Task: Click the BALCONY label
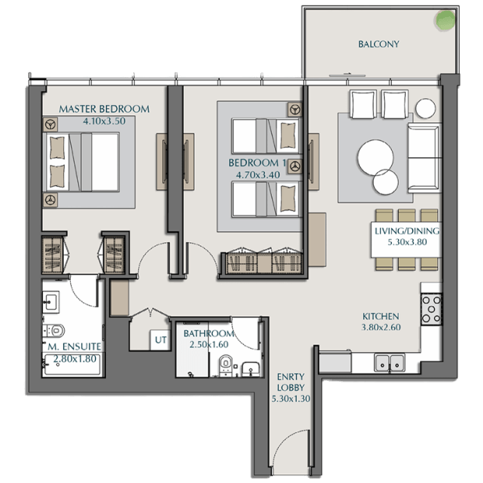point(379,44)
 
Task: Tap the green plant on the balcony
point(445,20)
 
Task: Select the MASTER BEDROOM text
point(104,109)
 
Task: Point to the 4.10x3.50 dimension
point(104,121)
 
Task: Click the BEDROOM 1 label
point(257,163)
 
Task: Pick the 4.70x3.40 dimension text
point(258,175)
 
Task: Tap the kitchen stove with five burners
point(432,309)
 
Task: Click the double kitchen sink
point(390,362)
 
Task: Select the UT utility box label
point(160,340)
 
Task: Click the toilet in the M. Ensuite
point(55,330)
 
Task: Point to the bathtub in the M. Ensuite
point(72,365)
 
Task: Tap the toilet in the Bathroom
point(226,365)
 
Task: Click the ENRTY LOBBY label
point(291,382)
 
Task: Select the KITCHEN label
point(381,316)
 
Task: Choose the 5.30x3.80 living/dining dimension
point(407,242)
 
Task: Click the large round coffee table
point(375,157)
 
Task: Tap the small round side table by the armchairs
point(425,108)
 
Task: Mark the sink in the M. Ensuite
point(51,302)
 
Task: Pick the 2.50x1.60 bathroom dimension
point(209,344)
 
